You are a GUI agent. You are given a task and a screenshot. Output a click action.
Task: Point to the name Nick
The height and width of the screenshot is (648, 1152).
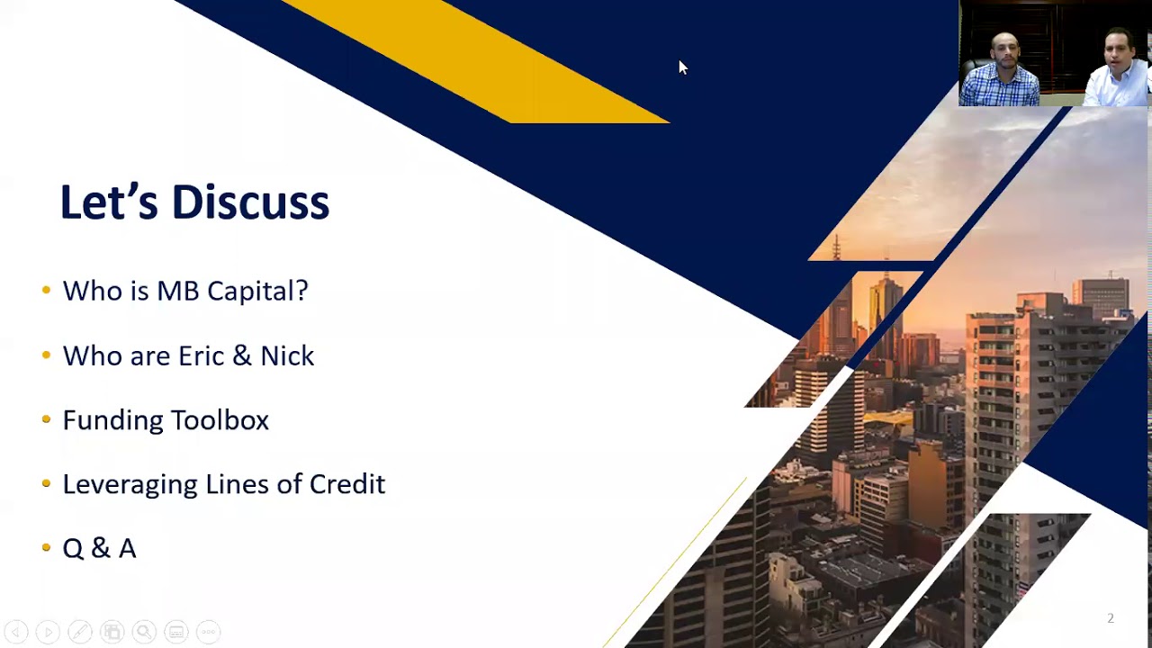click(x=287, y=355)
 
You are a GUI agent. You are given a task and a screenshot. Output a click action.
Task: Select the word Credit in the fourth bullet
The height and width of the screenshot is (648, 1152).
click(x=347, y=484)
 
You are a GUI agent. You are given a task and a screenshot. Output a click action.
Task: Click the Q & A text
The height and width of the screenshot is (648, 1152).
click(x=99, y=548)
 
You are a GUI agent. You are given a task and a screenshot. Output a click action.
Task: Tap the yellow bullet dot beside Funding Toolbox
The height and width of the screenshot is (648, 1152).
click(x=46, y=419)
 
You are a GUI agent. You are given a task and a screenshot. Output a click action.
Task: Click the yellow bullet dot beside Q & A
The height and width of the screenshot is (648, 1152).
click(x=46, y=547)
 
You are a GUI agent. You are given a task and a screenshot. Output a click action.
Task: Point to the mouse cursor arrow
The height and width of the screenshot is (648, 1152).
click(x=682, y=67)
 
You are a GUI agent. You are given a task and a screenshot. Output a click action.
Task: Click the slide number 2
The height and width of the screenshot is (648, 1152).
click(x=1111, y=618)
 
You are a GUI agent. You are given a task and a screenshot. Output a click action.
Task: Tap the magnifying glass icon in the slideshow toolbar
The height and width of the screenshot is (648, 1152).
click(x=144, y=632)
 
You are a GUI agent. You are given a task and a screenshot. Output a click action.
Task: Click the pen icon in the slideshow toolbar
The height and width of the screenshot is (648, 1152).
click(x=80, y=632)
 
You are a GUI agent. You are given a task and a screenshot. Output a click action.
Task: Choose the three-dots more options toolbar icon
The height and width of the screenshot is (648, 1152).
click(x=208, y=632)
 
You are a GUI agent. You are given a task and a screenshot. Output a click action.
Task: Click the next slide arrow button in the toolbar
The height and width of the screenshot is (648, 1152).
click(x=48, y=632)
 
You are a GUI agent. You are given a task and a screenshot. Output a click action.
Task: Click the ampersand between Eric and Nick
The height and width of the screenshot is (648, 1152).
click(x=241, y=355)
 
